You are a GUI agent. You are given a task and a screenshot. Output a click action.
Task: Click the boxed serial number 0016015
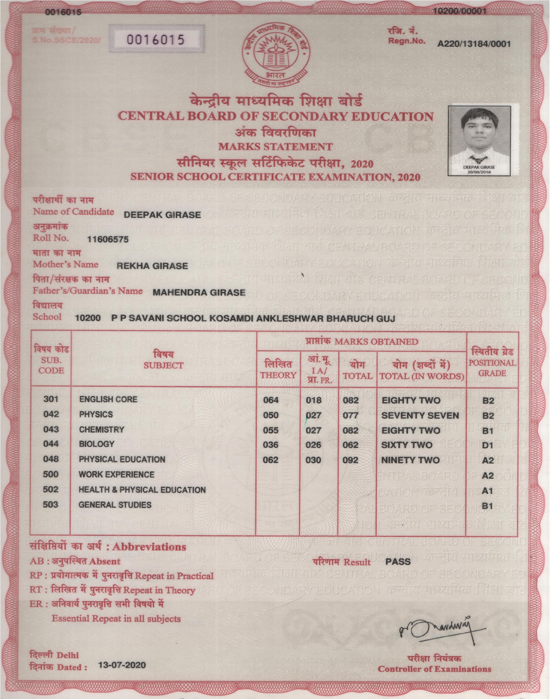[156, 40]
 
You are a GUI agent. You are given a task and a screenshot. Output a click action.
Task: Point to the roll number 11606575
[108, 240]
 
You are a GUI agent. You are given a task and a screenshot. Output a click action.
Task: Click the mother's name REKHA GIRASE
[152, 266]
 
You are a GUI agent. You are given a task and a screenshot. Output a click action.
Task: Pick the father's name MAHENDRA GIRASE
[199, 293]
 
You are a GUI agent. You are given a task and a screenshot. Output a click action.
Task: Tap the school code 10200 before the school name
[88, 318]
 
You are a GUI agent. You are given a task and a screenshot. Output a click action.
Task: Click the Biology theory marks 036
[271, 445]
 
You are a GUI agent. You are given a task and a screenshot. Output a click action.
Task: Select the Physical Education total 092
[350, 460]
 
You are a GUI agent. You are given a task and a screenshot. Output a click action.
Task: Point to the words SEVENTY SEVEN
[420, 416]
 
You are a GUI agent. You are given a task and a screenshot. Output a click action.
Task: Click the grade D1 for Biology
[488, 445]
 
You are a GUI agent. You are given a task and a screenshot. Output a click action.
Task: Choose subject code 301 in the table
[51, 399]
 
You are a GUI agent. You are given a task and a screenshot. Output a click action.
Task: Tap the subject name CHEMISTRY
[102, 430]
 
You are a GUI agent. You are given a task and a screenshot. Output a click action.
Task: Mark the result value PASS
[398, 562]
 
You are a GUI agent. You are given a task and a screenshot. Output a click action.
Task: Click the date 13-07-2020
[122, 665]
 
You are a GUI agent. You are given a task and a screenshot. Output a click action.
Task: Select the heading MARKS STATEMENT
[276, 147]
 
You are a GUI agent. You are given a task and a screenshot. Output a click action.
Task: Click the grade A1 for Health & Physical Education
[487, 491]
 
